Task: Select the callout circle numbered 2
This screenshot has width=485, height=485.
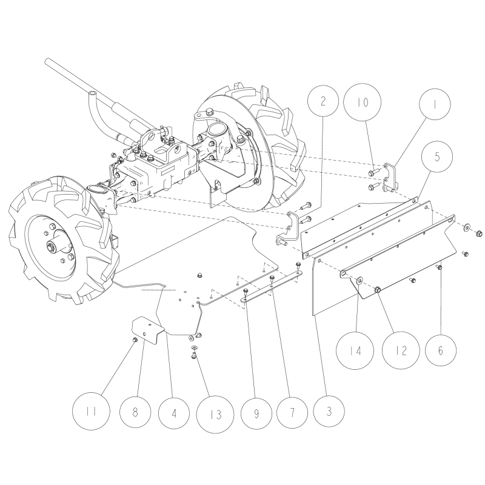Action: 323,101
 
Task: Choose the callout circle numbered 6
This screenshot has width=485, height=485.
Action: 440,350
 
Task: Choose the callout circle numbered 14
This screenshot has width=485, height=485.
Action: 357,350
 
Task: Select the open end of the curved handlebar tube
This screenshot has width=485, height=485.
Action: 92,94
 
